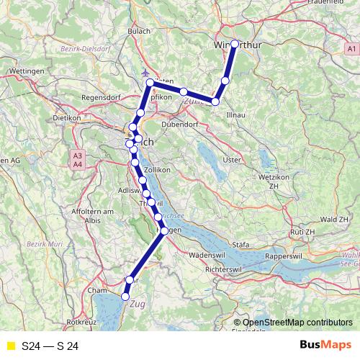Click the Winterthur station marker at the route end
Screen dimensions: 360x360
(x=235, y=44)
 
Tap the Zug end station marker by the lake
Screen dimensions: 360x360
(x=125, y=296)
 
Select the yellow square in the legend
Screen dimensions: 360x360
(x=10, y=346)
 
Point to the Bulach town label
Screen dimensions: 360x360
(x=138, y=31)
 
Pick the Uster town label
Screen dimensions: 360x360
(x=232, y=159)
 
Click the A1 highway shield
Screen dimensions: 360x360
(x=351, y=48)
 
